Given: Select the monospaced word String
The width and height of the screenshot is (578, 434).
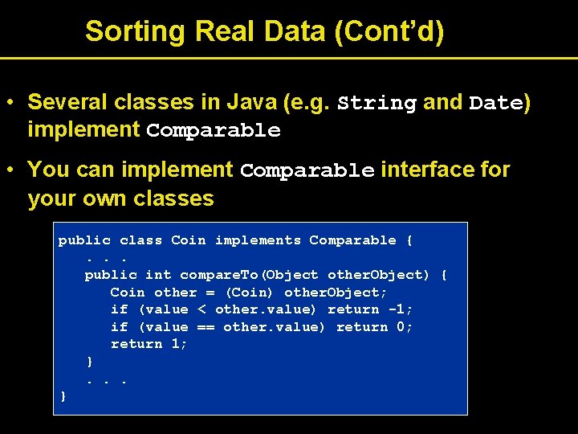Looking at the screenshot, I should [x=377, y=104].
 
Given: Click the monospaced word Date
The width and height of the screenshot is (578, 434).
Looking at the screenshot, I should [x=495, y=104].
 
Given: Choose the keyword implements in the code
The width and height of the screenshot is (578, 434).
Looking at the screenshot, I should [x=257, y=240].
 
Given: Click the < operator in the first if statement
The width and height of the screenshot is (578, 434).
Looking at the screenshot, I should [x=201, y=309].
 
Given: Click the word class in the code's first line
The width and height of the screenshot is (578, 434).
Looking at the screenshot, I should [x=140, y=240].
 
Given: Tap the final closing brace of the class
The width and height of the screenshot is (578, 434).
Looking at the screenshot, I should [x=63, y=395].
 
